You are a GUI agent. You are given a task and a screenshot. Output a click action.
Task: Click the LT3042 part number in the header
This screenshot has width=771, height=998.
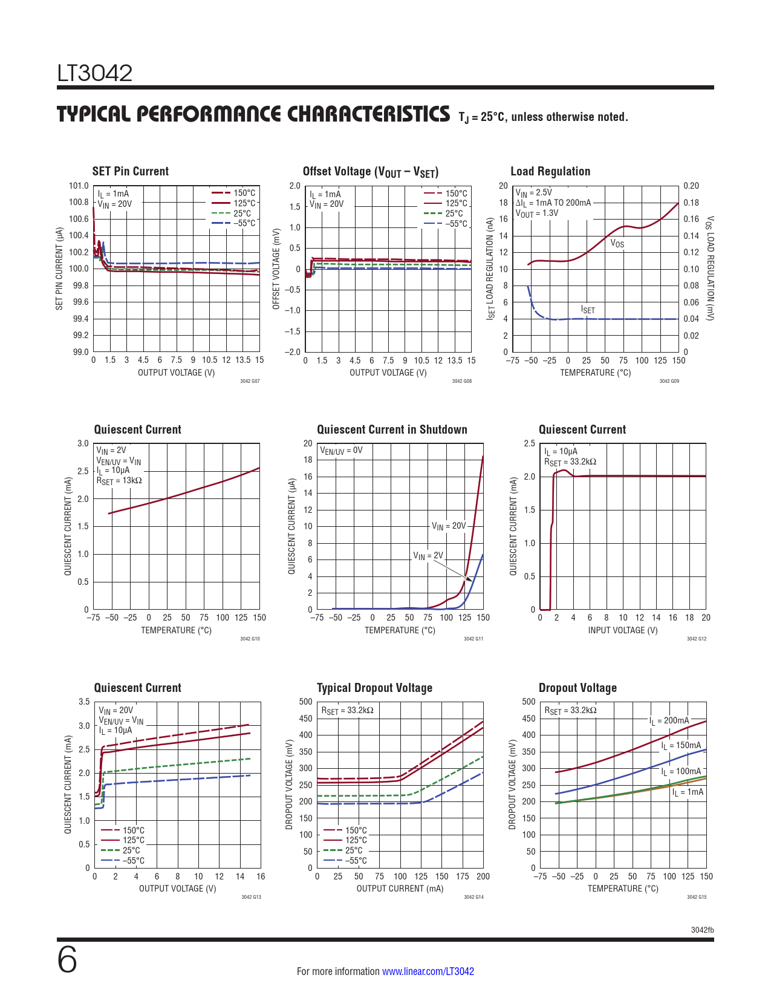pos(94,73)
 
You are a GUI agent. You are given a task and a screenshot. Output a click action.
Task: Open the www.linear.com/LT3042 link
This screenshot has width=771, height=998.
pos(428,971)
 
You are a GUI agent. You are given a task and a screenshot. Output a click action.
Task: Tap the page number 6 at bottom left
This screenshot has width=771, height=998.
pos(67,959)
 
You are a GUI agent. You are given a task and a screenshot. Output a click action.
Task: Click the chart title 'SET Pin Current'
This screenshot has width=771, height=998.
pos(131,171)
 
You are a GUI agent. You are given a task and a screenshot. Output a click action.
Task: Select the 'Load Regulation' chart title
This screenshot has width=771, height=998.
pos(550,171)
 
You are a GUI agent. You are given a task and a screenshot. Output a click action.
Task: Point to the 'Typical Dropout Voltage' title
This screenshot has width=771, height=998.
pos(374,688)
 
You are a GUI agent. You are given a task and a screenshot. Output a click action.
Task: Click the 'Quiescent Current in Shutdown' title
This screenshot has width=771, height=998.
pos(392,429)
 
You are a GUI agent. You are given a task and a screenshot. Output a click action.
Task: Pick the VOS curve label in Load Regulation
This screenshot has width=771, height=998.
pos(617,243)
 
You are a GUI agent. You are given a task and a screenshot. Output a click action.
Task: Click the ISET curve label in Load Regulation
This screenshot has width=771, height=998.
pos(588,310)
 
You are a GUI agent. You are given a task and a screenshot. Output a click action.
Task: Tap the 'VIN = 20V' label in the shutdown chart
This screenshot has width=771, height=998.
pos(449,526)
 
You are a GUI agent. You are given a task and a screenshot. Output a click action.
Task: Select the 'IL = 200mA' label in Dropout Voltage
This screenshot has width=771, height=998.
pos(669,720)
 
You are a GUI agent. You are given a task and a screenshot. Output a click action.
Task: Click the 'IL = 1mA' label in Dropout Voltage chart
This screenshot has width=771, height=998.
pos(688,792)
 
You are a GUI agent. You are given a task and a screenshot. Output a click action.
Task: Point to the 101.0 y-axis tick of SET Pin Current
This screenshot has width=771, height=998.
pos(79,186)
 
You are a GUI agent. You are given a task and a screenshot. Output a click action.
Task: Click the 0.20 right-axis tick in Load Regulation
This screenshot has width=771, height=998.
pos(691,186)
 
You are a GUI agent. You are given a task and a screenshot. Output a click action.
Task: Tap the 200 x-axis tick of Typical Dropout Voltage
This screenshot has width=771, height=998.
pos(483,876)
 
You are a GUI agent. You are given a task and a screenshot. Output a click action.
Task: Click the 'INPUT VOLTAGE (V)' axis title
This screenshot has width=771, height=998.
pos(623,630)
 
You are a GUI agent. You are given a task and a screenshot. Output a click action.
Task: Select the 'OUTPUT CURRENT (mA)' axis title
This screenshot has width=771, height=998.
pos(400,889)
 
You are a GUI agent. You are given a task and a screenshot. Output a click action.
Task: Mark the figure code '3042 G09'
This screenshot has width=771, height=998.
pos(669,380)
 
